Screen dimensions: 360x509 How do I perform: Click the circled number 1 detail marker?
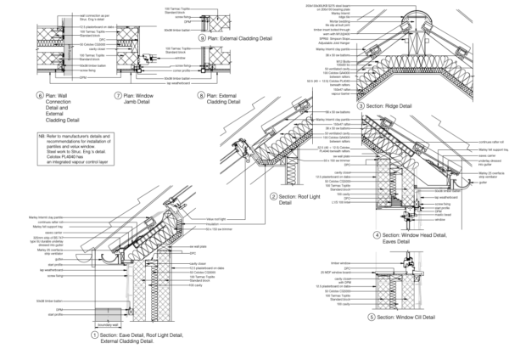(89, 335)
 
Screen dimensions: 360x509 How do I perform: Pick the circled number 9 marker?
(200, 38)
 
